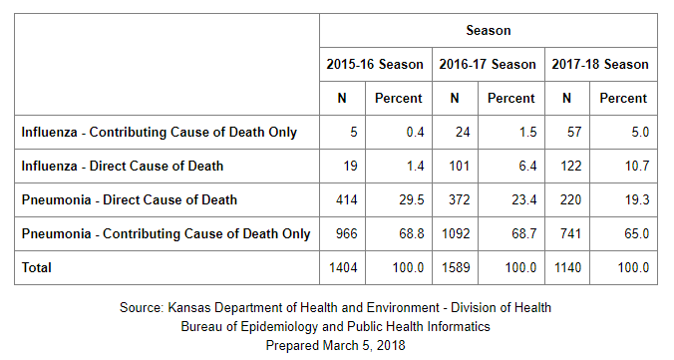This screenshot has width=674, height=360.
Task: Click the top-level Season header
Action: [x=489, y=31]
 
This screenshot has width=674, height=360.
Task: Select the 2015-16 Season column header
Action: [x=375, y=64]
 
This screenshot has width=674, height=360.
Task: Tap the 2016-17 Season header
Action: [x=488, y=64]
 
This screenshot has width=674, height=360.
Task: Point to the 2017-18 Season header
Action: [x=600, y=64]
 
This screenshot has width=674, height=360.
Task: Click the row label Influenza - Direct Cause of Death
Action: [x=123, y=166]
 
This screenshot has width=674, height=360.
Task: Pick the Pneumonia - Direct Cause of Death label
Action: [x=130, y=200]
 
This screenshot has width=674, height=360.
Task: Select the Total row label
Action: [x=37, y=267]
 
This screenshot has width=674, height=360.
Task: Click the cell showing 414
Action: [x=346, y=200]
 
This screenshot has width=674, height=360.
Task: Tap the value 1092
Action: [x=456, y=234]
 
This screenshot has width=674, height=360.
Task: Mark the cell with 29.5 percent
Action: [x=412, y=200]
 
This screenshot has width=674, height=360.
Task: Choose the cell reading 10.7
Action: [x=636, y=166]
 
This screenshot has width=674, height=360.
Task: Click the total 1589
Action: [x=456, y=267]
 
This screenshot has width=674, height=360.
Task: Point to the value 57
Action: [x=574, y=132]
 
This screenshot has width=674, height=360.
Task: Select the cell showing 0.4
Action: [x=415, y=132]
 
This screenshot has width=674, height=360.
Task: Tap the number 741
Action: [x=570, y=234]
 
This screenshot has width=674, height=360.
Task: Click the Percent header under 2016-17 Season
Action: [x=511, y=98]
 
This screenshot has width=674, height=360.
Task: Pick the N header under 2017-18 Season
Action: [x=567, y=98]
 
